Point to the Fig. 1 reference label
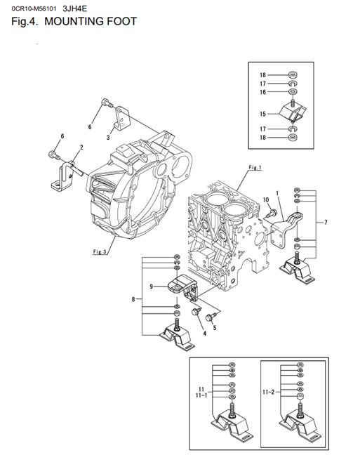coord(255,168)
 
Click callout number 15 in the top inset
coord(262,113)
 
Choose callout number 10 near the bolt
coord(266,201)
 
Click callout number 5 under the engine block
coord(214,327)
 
